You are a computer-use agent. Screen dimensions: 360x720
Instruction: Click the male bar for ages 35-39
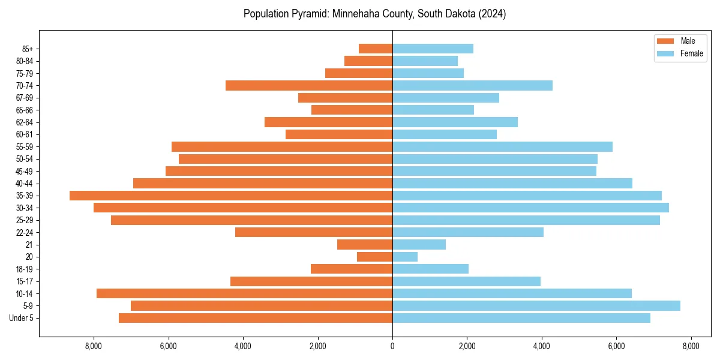point(231,196)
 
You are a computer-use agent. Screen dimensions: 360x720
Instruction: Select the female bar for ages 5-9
point(536,305)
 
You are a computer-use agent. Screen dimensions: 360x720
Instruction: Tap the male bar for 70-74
point(309,85)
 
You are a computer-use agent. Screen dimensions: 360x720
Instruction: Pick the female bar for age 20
point(405,257)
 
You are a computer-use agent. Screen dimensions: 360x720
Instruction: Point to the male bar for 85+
point(376,49)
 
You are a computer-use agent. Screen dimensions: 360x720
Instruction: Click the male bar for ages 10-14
point(244,293)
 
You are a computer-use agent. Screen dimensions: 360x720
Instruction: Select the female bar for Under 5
point(521,318)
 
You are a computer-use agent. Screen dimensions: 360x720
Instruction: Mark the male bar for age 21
point(365,244)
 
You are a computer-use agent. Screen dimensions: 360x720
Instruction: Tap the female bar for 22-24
point(468,232)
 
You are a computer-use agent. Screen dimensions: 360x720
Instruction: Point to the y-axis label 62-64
point(25,122)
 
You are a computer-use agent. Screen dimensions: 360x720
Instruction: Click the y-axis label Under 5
point(22,318)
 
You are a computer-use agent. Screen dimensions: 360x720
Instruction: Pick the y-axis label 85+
point(28,49)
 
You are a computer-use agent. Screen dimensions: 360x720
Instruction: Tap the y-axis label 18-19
point(25,269)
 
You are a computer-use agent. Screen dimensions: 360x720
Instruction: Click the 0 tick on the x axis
point(392,346)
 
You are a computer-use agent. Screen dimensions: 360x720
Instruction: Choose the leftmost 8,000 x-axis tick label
point(94,346)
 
